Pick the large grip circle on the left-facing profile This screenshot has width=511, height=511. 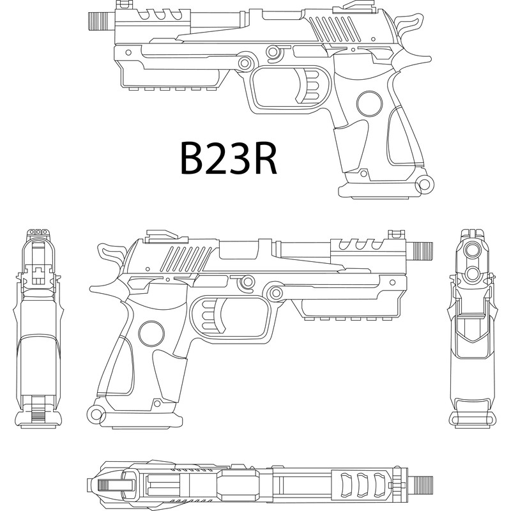[369, 103]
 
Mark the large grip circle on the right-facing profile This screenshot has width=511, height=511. [151, 333]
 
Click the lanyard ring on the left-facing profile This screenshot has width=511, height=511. [422, 185]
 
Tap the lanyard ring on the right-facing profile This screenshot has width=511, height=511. [96, 415]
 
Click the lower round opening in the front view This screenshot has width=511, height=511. [472, 273]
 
